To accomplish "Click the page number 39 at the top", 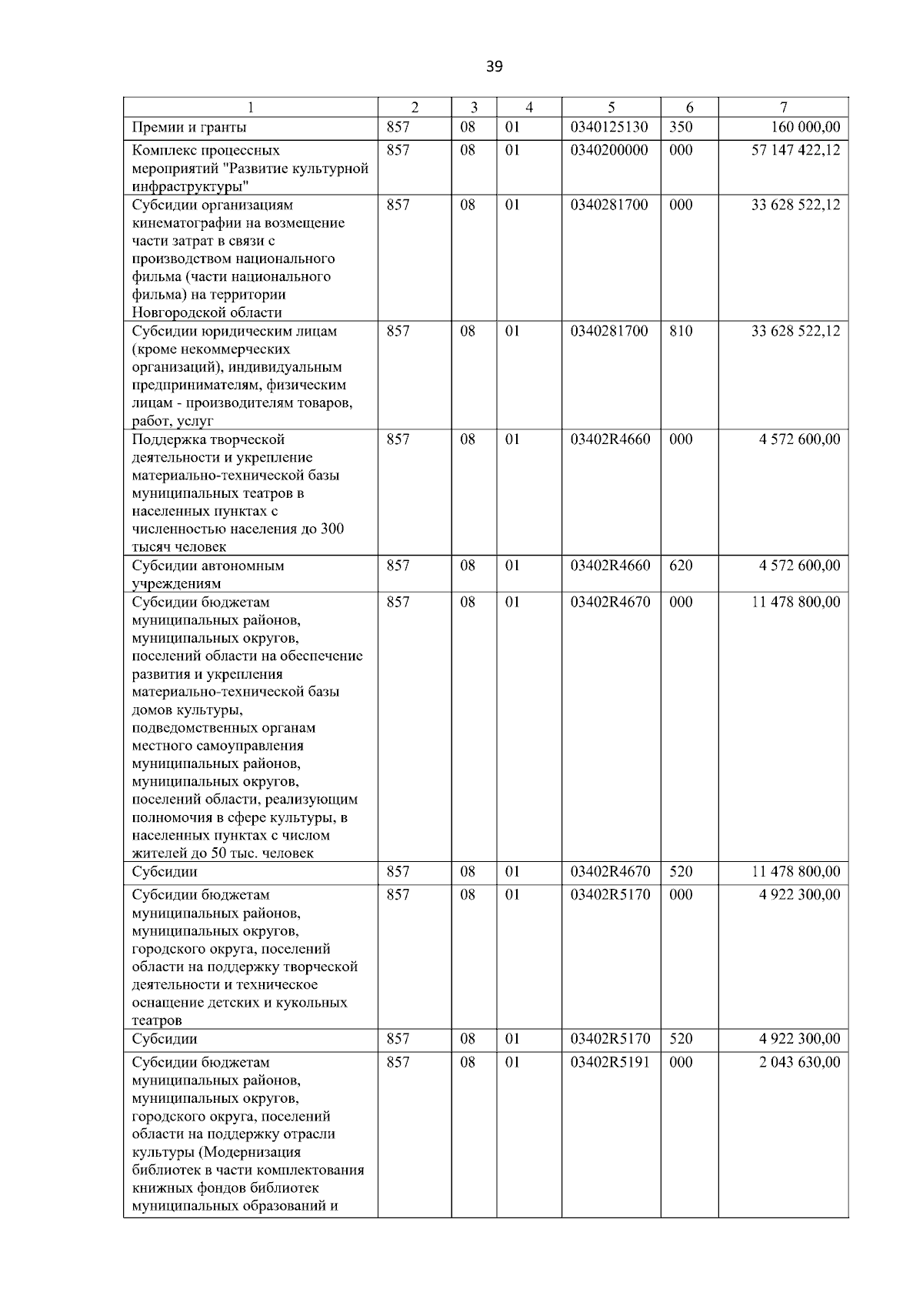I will pos(495,67).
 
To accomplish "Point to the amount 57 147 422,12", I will pos(795,151).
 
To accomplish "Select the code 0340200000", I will pos(609,151).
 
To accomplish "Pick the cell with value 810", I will pos(681,332).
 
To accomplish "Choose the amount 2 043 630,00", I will pos(800,1063).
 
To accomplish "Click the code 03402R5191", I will pos(610,1063).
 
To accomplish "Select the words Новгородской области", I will pos(207,313).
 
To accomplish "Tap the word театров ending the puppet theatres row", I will pos(157,1021).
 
